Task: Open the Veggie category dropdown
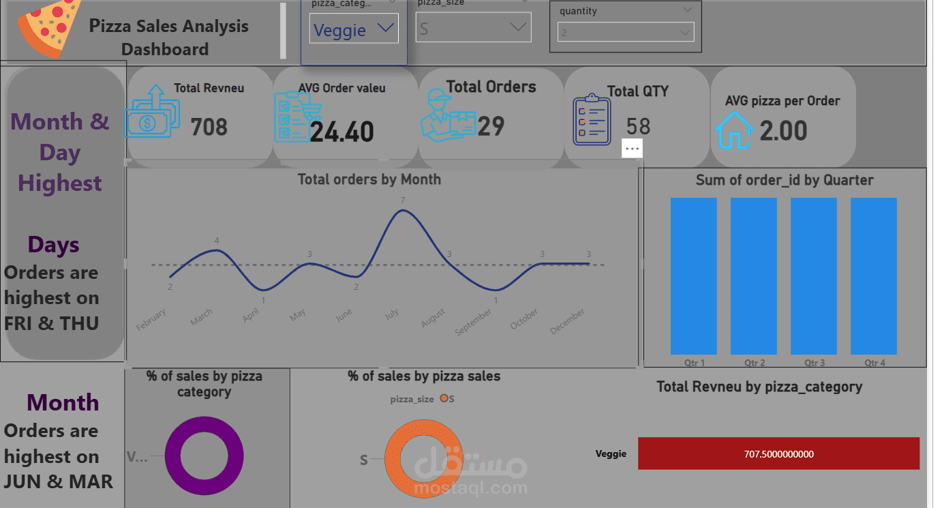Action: [354, 30]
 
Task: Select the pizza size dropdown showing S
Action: [473, 28]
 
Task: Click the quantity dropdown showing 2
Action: [625, 32]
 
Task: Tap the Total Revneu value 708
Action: [209, 127]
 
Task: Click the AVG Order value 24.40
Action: [341, 132]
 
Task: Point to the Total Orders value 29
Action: [491, 126]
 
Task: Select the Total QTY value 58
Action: [638, 126]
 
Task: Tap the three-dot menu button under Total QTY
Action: [632, 148]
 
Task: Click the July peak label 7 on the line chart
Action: [403, 200]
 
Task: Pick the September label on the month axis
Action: [474, 322]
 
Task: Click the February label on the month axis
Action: [151, 320]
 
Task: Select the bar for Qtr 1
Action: [693, 275]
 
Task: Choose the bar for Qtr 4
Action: [873, 275]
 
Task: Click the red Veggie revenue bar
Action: [778, 453]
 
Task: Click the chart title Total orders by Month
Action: [369, 179]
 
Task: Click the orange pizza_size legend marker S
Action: [444, 399]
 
